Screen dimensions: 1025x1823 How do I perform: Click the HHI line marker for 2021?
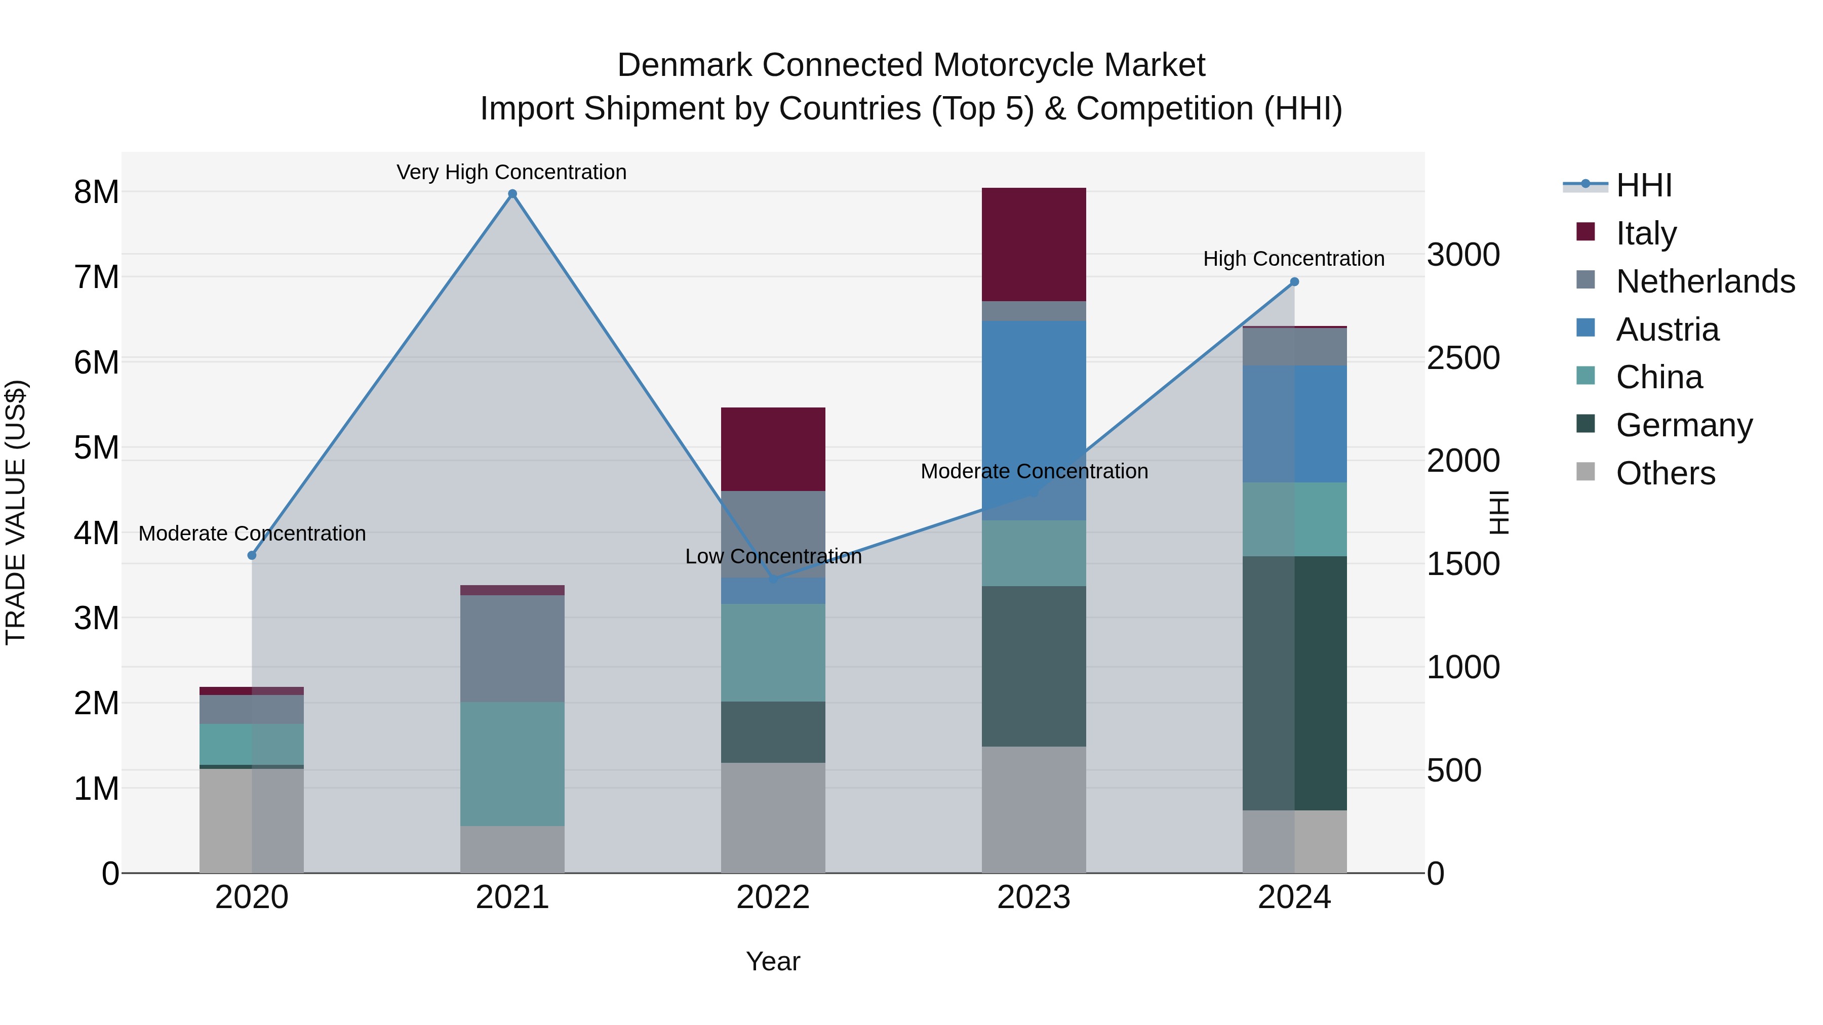click(512, 194)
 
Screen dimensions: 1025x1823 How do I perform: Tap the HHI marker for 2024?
click(1294, 281)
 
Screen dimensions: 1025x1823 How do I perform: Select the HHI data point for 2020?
click(252, 555)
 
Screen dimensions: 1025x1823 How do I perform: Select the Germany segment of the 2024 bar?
click(1294, 683)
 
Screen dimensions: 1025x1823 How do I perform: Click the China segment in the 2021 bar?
click(512, 764)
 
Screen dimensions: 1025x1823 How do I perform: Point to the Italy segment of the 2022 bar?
click(773, 449)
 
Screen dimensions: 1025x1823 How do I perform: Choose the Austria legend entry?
click(1667, 330)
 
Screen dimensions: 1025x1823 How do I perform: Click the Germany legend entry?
click(1684, 425)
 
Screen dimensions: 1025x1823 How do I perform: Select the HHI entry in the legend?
click(1643, 185)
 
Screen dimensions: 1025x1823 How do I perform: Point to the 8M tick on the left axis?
click(96, 192)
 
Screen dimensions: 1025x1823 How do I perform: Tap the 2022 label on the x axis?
click(773, 897)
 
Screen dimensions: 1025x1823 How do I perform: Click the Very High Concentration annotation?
click(511, 173)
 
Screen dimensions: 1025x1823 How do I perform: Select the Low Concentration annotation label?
click(773, 557)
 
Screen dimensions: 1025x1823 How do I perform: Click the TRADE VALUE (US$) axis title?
click(16, 512)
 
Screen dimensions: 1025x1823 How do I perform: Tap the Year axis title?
click(773, 961)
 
